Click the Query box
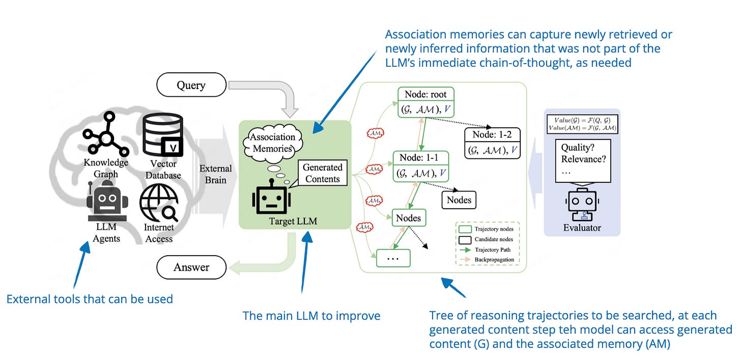191,85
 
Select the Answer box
191,267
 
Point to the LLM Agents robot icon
106,203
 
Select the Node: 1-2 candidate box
492,143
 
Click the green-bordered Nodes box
409,218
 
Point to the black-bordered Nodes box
459,200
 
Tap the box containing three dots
393,258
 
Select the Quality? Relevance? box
582,160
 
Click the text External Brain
215,174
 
